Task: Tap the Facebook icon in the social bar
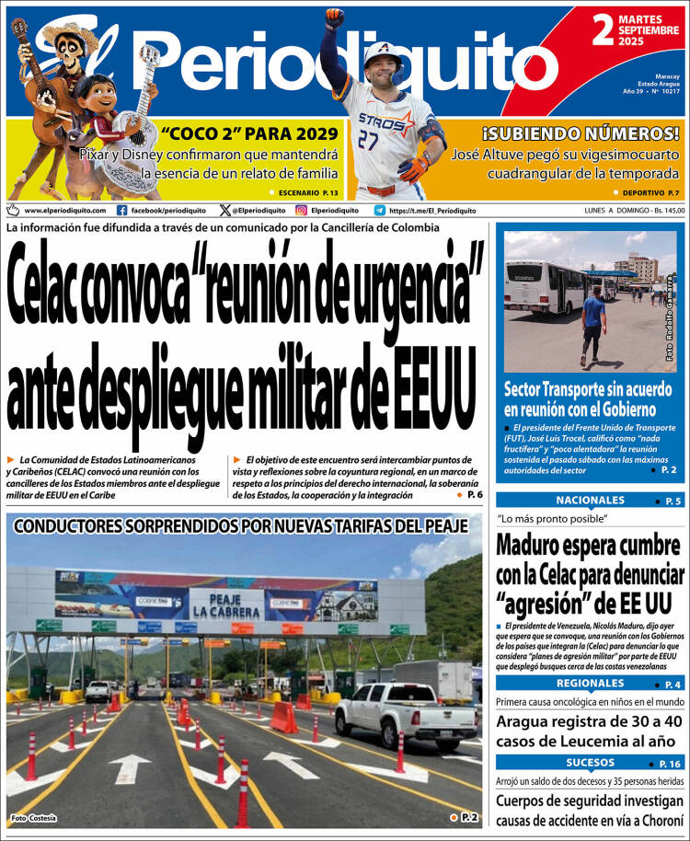click(121, 210)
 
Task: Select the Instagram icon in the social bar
click(301, 210)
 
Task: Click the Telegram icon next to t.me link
click(379, 210)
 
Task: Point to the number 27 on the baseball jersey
click(368, 140)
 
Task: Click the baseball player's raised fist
click(334, 17)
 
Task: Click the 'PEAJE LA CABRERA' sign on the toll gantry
click(226, 605)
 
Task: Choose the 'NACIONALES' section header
click(590, 501)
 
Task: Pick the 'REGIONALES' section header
click(590, 684)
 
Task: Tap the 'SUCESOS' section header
click(590, 763)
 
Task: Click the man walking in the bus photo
click(593, 322)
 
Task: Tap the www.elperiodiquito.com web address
click(64, 211)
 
